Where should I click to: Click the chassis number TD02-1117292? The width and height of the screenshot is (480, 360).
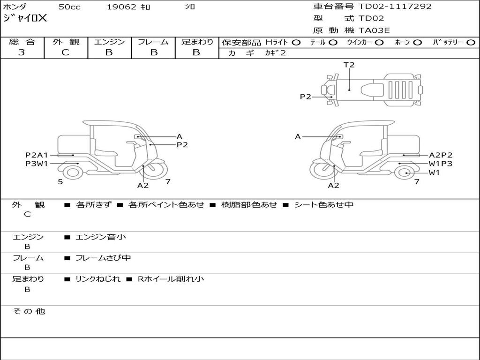point(395,7)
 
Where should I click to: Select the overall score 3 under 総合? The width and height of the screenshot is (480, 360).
point(22,52)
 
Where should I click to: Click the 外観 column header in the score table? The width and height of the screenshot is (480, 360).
point(66,42)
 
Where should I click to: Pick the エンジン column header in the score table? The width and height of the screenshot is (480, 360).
point(109,42)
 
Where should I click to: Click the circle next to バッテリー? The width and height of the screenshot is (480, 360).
point(471,42)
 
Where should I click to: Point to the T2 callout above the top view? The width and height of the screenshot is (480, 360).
point(349,65)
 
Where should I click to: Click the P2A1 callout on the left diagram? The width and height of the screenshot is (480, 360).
point(37,155)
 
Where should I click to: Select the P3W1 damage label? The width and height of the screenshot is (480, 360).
point(37,164)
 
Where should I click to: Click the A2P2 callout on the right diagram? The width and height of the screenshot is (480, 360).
point(441,155)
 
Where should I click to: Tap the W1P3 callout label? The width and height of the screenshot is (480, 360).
point(441,164)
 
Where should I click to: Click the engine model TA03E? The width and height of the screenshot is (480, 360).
point(374,31)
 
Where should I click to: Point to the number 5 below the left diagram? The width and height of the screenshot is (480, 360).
point(60,181)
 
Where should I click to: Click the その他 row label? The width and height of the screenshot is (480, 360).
point(29,311)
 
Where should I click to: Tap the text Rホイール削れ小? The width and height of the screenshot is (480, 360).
point(171,279)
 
